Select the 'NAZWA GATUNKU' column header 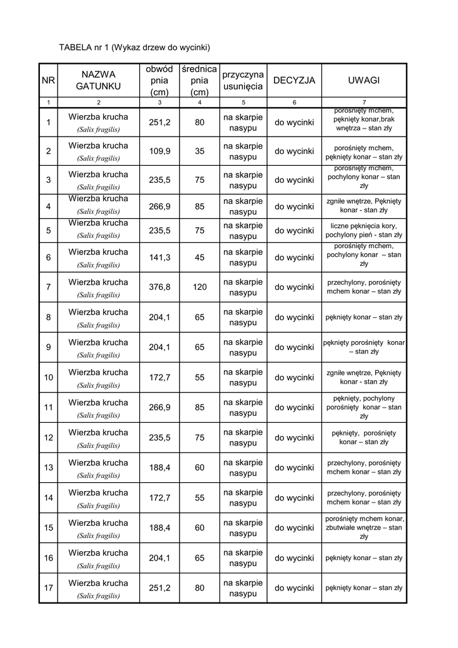[x=98, y=80]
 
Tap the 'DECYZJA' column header [x=294, y=80]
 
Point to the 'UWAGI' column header [x=364, y=80]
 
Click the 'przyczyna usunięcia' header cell [x=243, y=80]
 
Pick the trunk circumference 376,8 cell [x=159, y=287]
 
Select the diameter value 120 [x=199, y=287]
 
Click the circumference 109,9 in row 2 [x=159, y=151]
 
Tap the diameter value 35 [x=199, y=151]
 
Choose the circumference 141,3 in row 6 [x=159, y=258]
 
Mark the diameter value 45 [x=199, y=258]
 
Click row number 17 [x=49, y=589]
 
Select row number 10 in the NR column [x=49, y=378]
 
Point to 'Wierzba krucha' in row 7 [x=98, y=282]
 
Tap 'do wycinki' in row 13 [x=294, y=468]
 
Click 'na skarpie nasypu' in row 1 [x=243, y=122]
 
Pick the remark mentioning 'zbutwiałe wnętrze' [x=364, y=528]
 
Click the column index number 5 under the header [x=243, y=102]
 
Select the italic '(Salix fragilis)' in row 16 [x=98, y=566]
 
